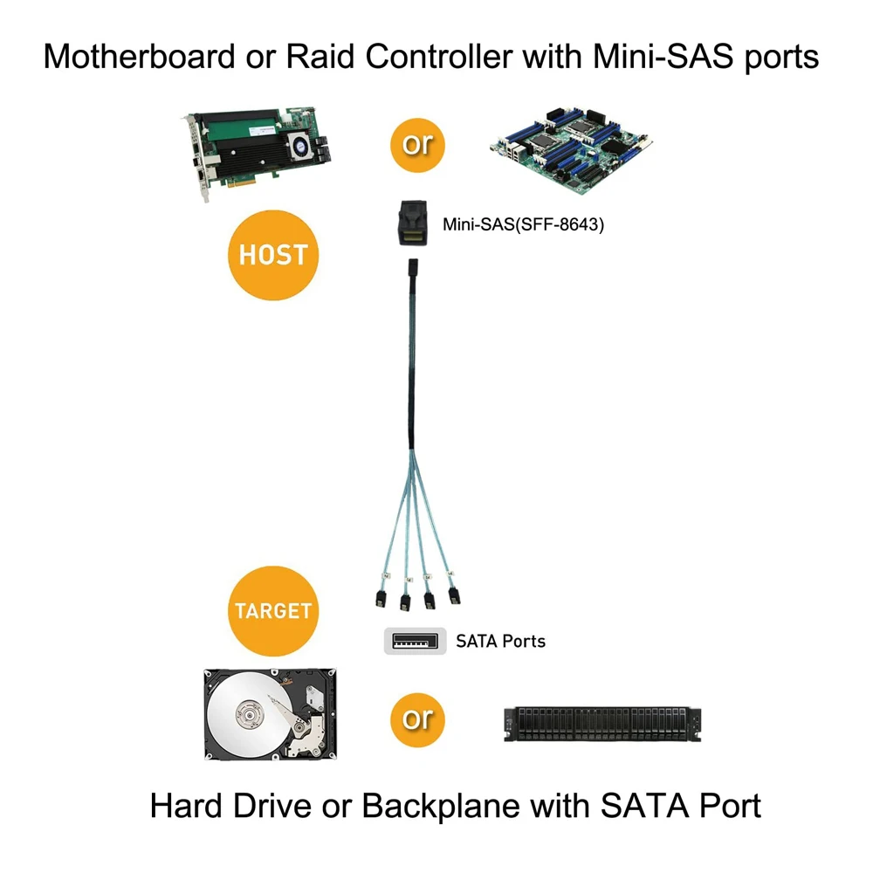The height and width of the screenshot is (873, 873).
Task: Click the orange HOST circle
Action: tap(273, 255)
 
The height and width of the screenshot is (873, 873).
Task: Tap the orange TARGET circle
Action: tap(272, 610)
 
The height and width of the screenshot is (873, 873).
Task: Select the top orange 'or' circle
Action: tap(417, 144)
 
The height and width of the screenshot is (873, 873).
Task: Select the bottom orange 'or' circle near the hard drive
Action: tap(417, 718)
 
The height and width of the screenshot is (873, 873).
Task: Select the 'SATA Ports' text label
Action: tap(500, 642)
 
